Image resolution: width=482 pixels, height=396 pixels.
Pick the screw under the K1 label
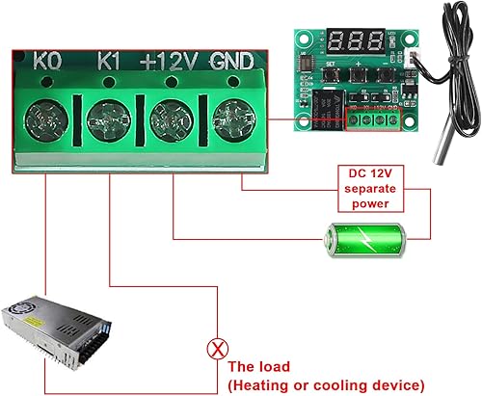tap(109, 122)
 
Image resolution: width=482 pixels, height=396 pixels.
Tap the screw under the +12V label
tap(171, 122)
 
